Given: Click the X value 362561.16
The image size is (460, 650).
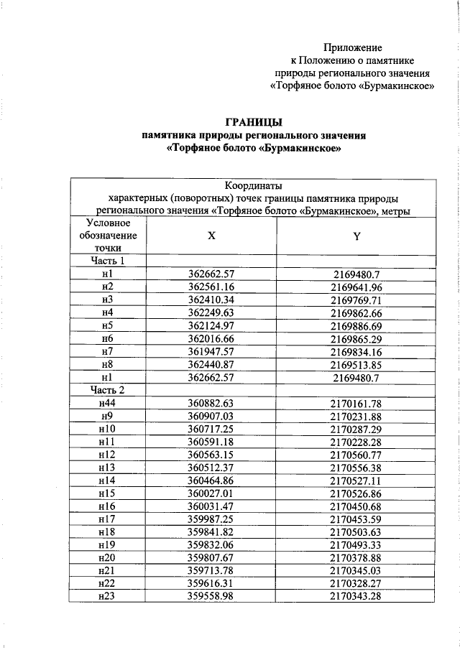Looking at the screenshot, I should pyautogui.click(x=211, y=287).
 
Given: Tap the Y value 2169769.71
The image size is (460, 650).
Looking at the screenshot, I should pyautogui.click(x=356, y=300).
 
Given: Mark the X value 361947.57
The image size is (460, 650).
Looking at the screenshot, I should pyautogui.click(x=211, y=351).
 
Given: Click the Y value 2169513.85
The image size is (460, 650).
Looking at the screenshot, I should pyautogui.click(x=356, y=364).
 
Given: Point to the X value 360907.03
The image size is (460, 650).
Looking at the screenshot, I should pyautogui.click(x=211, y=416).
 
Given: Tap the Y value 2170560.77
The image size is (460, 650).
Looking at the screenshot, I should pyautogui.click(x=356, y=455).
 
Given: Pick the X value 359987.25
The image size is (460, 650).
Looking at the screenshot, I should pyautogui.click(x=211, y=519).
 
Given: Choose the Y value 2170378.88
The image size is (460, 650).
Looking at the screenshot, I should pyautogui.click(x=356, y=558).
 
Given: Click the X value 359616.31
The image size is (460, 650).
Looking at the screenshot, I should pyautogui.click(x=211, y=584).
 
